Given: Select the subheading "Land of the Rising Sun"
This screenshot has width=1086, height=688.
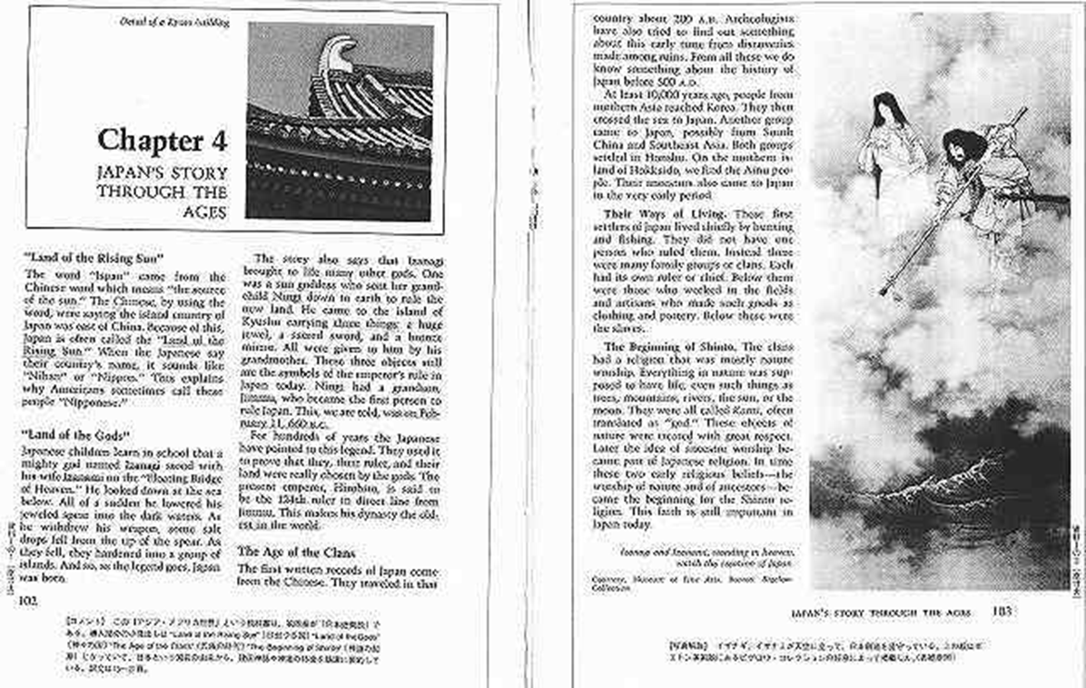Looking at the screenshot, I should pos(94,258).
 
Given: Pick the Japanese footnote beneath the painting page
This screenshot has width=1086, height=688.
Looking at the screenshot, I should pos(826,650).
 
